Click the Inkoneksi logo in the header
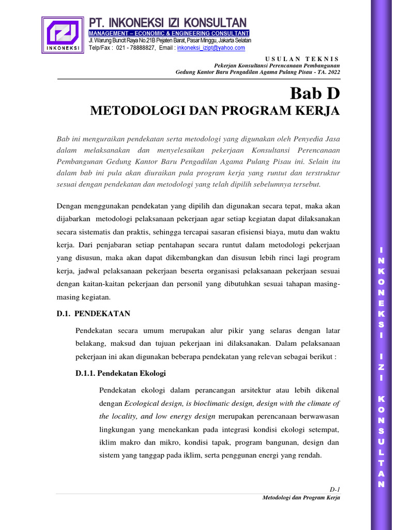(63, 35)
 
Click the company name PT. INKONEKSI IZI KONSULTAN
(167, 23)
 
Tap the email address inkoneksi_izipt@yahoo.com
(211, 48)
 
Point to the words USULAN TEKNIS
(302, 59)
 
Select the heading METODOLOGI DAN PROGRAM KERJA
(215, 111)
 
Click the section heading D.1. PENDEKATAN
(94, 314)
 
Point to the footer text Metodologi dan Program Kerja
(301, 498)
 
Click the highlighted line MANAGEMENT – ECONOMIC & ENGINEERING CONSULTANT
(169, 33)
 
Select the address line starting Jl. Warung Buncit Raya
(170, 40)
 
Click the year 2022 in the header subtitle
(332, 72)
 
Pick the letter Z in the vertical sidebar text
(381, 367)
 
